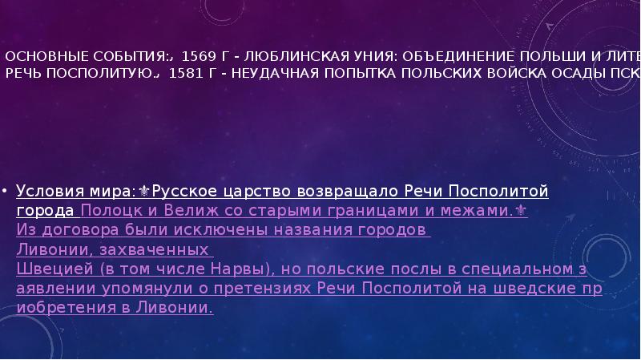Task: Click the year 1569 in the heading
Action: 196,58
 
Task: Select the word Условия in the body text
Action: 48,192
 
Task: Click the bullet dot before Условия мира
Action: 6,193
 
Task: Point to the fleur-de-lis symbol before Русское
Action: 144,192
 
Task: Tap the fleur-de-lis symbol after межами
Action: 522,211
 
